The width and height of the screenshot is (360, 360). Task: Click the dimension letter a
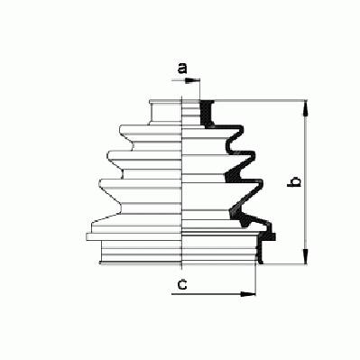[x=182, y=69]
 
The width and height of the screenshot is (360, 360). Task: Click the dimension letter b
[x=294, y=181]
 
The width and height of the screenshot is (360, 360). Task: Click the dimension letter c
[x=182, y=284]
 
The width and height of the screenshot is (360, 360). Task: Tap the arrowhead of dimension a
[x=192, y=80]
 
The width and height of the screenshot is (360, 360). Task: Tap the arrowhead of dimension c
[x=248, y=294]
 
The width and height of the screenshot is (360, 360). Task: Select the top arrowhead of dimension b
[x=305, y=108]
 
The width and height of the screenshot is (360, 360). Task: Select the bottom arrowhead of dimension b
[x=305, y=256]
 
